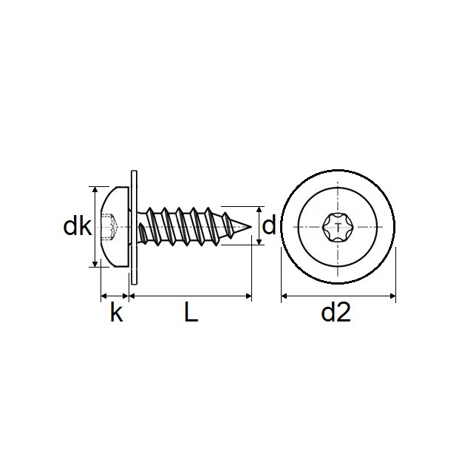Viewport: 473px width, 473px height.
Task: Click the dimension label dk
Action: coord(76,226)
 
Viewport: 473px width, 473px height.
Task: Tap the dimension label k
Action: coord(115,313)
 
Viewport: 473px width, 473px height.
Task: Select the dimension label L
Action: coord(190,313)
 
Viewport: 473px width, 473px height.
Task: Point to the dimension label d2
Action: coord(336,313)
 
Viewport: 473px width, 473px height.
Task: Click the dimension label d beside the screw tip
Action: coord(269,225)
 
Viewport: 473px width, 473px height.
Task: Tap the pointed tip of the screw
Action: coord(251,225)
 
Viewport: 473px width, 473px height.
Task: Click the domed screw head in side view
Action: coord(115,226)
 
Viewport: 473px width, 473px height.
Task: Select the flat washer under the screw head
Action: coord(133,226)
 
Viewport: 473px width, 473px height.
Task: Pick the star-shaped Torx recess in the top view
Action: coord(338,226)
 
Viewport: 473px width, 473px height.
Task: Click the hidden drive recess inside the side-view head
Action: coord(110,226)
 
